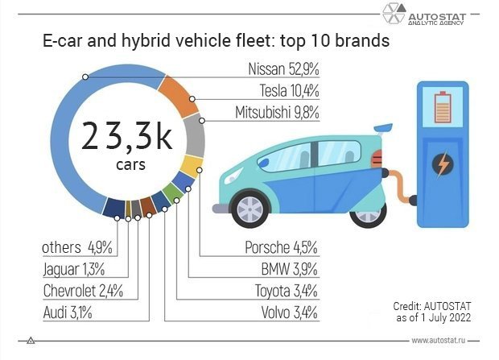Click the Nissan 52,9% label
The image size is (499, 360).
coord(283,70)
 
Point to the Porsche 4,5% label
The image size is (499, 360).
coord(281,248)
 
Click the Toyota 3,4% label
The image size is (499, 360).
coord(286,291)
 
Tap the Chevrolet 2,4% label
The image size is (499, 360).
coord(82,291)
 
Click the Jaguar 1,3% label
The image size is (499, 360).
coord(72,270)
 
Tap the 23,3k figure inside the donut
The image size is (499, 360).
coord(127,137)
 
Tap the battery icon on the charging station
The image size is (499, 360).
coord(443,106)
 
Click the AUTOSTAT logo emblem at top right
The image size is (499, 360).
coord(394,15)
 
